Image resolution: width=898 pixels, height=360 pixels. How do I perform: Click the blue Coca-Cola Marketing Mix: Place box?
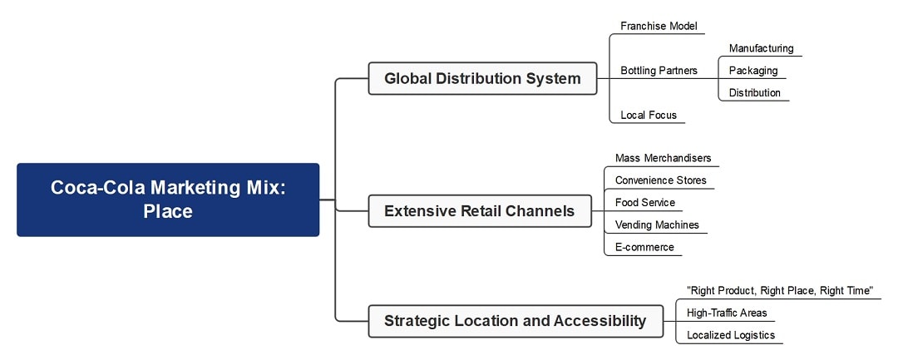pos(168,200)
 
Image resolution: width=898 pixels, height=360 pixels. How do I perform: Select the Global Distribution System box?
pos(482,78)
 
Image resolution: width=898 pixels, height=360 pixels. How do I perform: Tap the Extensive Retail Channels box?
pos(479,211)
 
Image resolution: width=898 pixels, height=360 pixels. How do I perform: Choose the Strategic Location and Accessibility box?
pos(515,321)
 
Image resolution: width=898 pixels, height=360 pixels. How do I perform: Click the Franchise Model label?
pos(659,26)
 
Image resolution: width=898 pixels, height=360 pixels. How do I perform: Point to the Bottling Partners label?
pos(659,71)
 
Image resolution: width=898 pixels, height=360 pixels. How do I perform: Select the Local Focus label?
pos(649,115)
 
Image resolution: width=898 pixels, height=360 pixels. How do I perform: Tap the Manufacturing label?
pos(761,48)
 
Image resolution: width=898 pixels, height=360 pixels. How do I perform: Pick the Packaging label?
pos(753,71)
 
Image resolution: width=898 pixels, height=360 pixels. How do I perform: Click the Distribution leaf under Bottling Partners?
pos(755,93)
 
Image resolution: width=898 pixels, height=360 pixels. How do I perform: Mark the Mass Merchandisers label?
pos(663,158)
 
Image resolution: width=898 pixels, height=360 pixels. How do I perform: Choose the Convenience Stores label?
pos(660,180)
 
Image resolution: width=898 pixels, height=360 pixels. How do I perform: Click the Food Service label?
pos(644,202)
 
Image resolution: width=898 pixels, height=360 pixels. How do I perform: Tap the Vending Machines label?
pos(657,224)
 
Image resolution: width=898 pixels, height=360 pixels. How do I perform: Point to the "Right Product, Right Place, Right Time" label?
pos(780,290)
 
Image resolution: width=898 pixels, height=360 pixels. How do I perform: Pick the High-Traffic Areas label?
pos(727,313)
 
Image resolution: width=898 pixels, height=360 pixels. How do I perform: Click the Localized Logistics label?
pos(730,335)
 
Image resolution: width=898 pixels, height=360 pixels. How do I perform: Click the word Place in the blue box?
pos(168,211)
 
